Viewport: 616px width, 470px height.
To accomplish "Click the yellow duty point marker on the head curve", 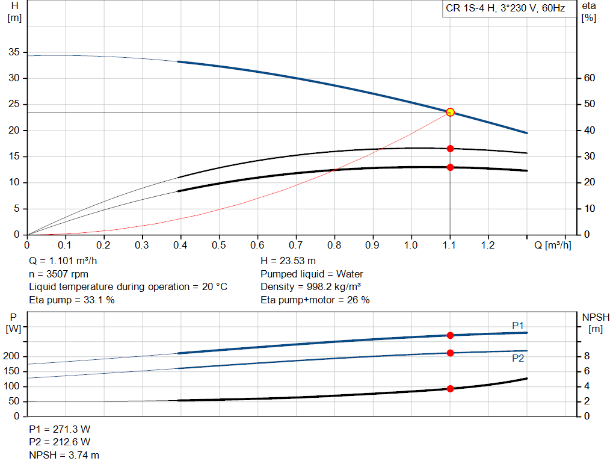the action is pos(450,113).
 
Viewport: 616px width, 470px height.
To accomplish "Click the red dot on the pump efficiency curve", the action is pos(450,149).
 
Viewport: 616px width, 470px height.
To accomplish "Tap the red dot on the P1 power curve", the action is pos(450,335).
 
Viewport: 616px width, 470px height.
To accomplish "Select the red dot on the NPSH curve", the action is pos(450,389).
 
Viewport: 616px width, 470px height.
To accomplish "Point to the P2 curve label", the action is pos(518,358).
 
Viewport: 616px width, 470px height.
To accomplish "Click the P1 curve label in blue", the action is pos(518,326).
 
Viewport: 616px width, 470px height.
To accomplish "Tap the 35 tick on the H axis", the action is pos(14,52).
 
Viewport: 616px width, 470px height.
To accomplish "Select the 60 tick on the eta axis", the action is pos(590,78).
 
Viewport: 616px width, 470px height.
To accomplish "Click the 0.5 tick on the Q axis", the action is pos(219,245).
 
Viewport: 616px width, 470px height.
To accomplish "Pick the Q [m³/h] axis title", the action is pos(552,245).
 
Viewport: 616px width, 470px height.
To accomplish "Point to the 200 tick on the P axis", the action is pos(11,356).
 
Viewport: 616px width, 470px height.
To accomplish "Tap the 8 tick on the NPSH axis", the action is pos(587,356).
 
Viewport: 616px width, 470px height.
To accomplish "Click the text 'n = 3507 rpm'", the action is pos(58,274).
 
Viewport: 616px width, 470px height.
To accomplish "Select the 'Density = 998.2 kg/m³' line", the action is pos(311,287).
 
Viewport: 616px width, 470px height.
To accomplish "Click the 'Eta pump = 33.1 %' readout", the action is pos(72,300).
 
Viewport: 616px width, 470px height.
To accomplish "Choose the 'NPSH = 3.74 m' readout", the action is pos(64,455).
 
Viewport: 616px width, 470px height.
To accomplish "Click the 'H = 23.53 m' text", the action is pos(288,261).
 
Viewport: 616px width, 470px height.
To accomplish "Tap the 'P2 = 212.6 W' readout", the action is pos(60,442).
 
